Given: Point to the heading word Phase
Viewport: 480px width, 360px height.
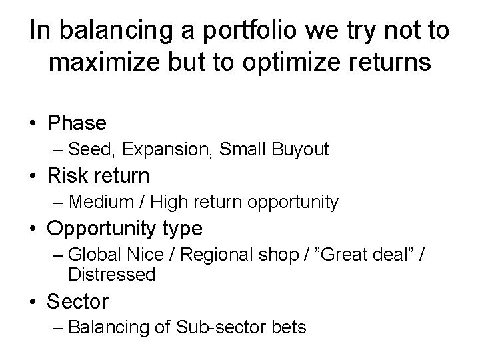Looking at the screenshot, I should [76, 123].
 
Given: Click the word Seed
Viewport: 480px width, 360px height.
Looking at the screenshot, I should [87, 149].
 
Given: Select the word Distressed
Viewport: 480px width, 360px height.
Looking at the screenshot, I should [111, 273].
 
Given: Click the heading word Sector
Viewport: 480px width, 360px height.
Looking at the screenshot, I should [77, 301].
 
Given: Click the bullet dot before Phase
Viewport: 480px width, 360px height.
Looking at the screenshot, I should [33, 124].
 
